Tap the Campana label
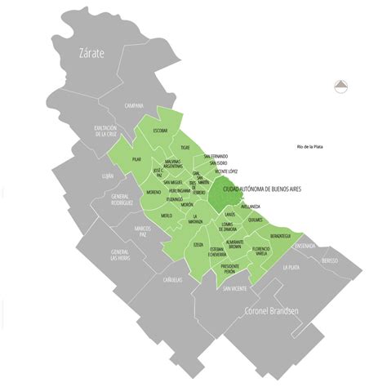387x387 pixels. [134, 105]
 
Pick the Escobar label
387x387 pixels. [160, 130]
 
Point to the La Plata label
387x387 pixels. [291, 267]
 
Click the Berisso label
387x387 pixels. [330, 260]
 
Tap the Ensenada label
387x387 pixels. [305, 243]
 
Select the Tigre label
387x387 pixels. [185, 148]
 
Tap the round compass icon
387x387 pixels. [340, 83]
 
